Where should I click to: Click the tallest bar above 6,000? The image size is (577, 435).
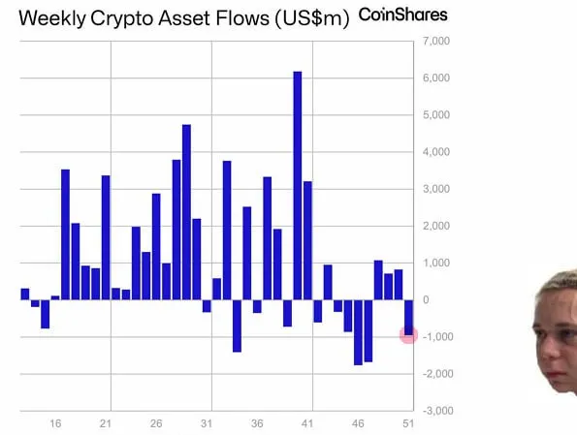298,185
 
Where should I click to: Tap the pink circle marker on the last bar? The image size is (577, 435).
408,334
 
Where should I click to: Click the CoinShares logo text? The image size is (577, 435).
403,16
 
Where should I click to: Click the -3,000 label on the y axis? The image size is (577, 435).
435,411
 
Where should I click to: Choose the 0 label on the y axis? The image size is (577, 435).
426,300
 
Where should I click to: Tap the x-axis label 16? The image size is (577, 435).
55,424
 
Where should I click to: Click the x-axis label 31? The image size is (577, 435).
207,424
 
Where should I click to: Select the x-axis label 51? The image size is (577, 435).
408,424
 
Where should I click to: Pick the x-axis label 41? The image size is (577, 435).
307,424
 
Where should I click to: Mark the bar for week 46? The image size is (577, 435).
358,332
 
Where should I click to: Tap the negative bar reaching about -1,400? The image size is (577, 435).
237,326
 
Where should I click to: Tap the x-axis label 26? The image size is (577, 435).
156,424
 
